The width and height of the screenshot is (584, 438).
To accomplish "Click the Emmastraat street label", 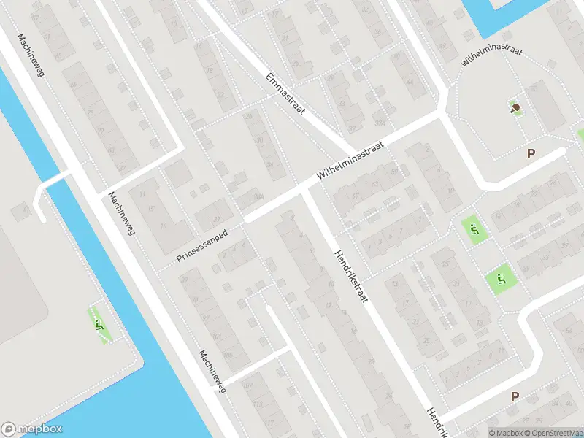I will [285, 93].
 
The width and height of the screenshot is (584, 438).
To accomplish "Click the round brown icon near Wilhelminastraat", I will [516, 108].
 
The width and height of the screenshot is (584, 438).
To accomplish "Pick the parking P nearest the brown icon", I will [531, 153].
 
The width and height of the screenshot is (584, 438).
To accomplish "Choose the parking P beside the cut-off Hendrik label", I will [515, 397].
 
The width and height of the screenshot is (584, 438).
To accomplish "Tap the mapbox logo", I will [32, 429].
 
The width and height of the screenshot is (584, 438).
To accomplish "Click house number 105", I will [226, 355].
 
